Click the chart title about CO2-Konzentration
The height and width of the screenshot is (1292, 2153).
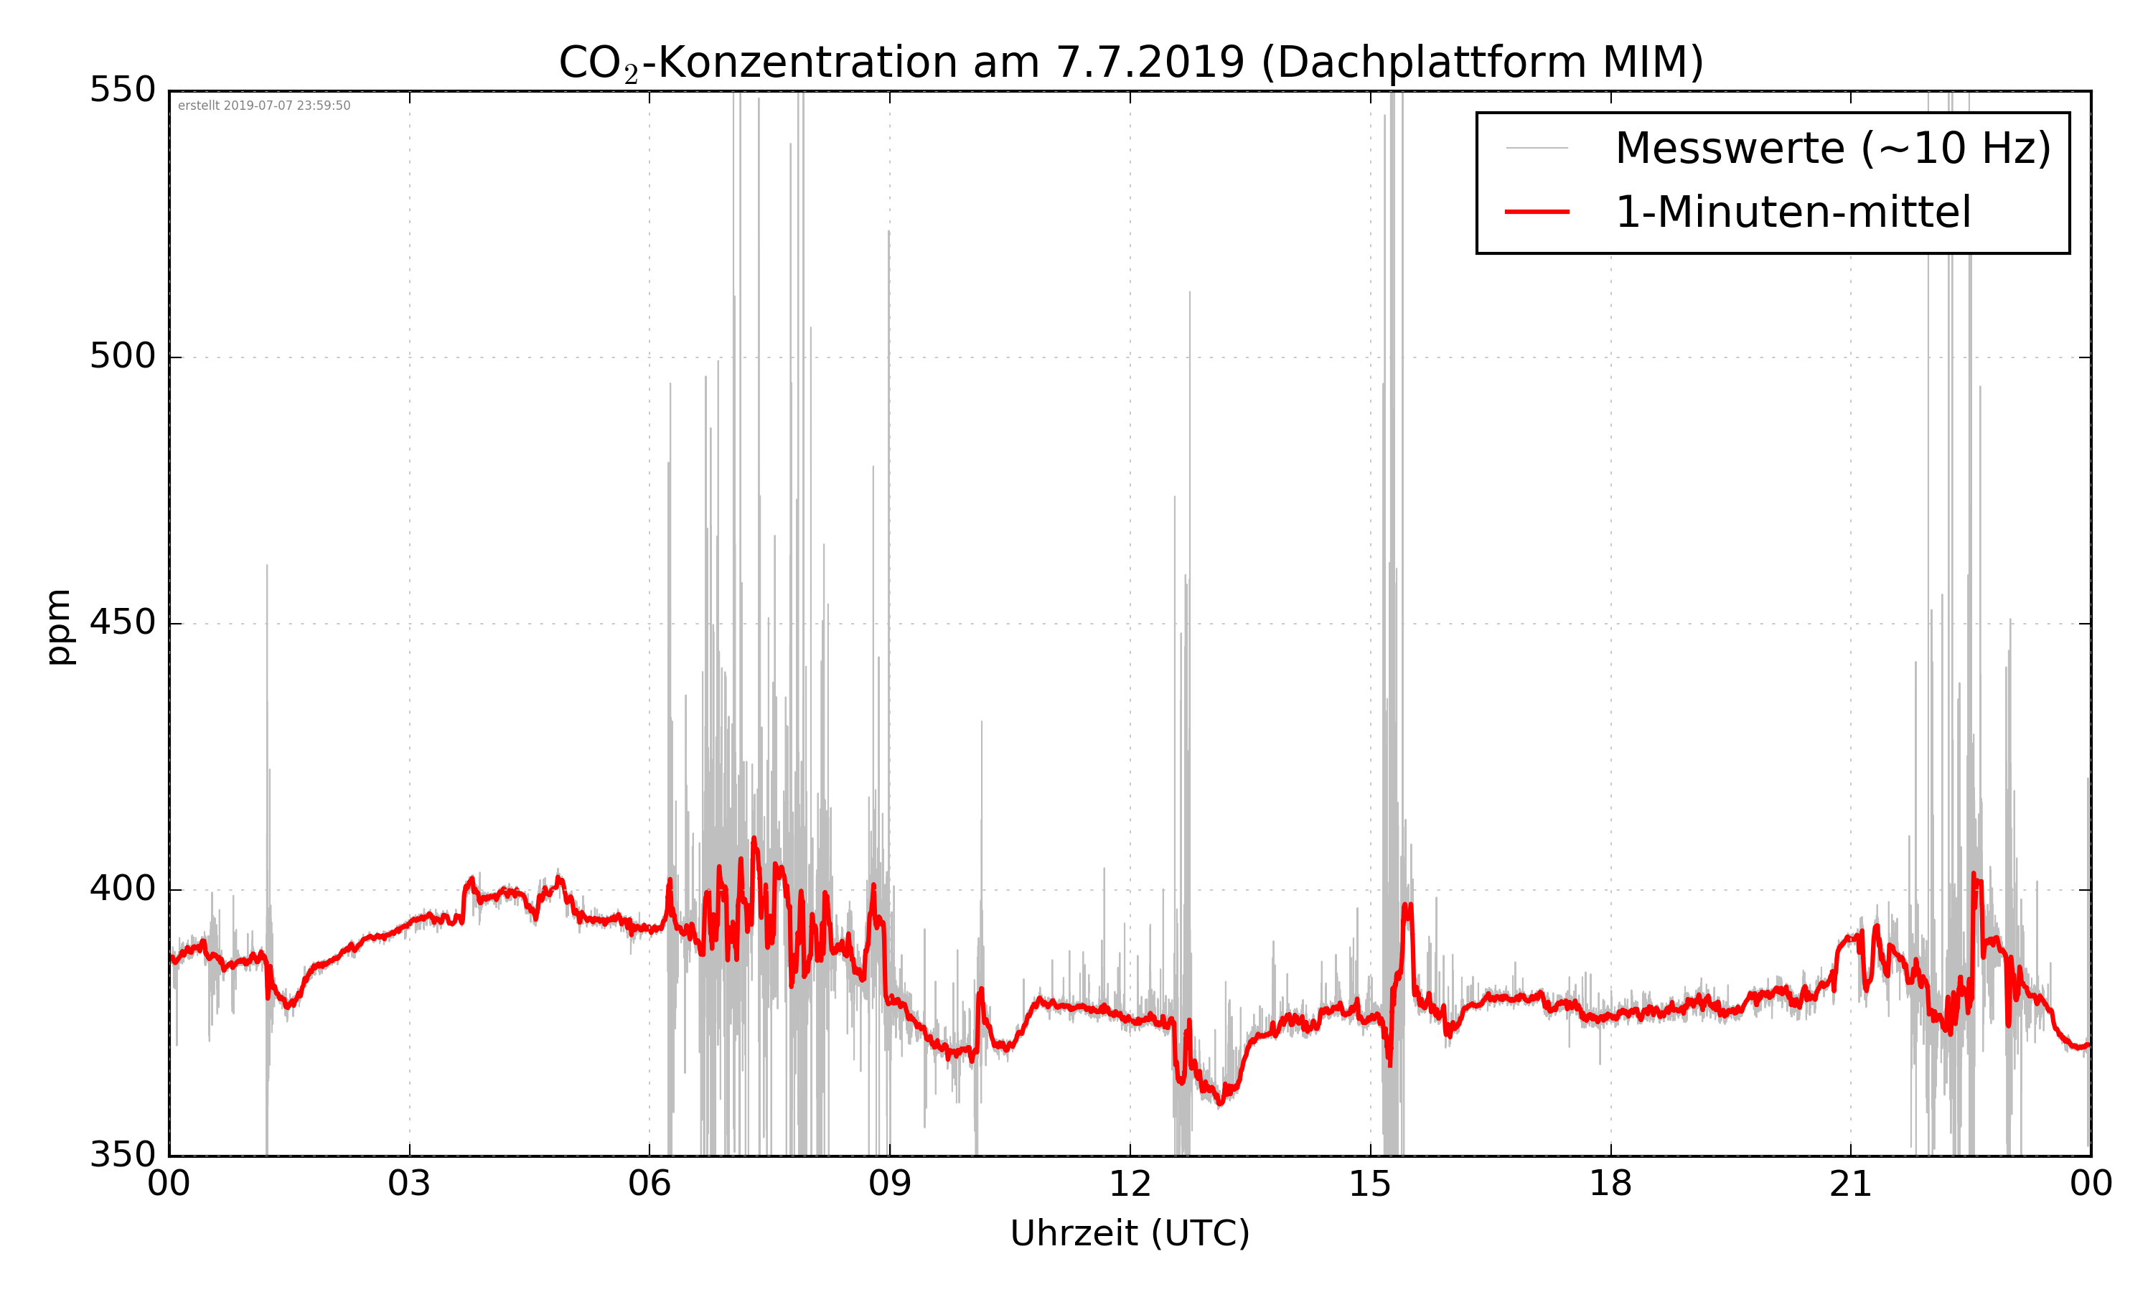pyautogui.click(x=1130, y=62)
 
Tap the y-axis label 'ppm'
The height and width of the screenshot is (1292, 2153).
pyautogui.click(x=58, y=627)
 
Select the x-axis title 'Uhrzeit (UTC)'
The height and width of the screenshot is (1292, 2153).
pyautogui.click(x=1130, y=1234)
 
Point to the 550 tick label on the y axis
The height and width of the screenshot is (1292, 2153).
pyautogui.click(x=123, y=90)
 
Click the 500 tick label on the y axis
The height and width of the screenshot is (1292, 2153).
pyautogui.click(x=123, y=356)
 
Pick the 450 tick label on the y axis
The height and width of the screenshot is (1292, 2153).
pyautogui.click(x=123, y=622)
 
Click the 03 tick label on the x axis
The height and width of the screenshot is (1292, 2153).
pyautogui.click(x=409, y=1184)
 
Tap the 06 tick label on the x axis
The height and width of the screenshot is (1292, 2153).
pyautogui.click(x=649, y=1184)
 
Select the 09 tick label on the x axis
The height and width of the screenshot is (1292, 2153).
pyautogui.click(x=889, y=1184)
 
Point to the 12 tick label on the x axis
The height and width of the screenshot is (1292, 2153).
pyautogui.click(x=1130, y=1184)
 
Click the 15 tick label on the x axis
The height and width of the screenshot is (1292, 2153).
pyautogui.click(x=1370, y=1184)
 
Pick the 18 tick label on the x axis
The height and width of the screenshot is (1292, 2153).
pyautogui.click(x=1610, y=1184)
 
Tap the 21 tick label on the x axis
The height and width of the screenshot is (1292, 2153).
pyautogui.click(x=1850, y=1184)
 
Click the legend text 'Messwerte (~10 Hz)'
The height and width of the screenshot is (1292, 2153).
pyautogui.click(x=1833, y=148)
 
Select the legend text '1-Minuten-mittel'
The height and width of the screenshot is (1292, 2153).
pyautogui.click(x=1793, y=212)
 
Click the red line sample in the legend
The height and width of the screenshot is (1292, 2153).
pyautogui.click(x=1537, y=212)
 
